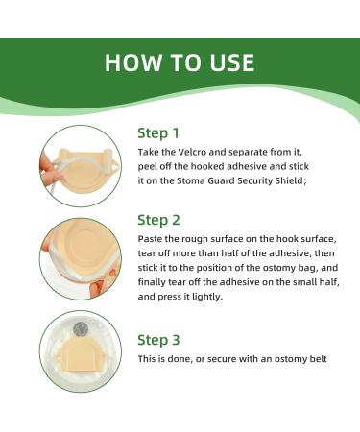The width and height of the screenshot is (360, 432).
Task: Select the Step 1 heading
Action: (158, 133)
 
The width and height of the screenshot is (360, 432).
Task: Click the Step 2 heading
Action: (158, 220)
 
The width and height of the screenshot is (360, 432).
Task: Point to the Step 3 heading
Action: (158, 340)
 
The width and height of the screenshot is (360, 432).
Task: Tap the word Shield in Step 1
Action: (291, 180)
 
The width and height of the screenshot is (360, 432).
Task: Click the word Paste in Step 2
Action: (149, 239)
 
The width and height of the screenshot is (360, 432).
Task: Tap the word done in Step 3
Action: (180, 359)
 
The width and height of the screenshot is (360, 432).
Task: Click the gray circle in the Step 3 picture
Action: (81, 329)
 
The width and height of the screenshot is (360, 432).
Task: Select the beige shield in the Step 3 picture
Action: (80, 355)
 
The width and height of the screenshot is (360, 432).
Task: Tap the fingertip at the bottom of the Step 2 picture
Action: (97, 289)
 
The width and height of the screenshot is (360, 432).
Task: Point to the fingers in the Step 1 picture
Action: (50, 171)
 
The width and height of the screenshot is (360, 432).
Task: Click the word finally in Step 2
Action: (151, 282)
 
